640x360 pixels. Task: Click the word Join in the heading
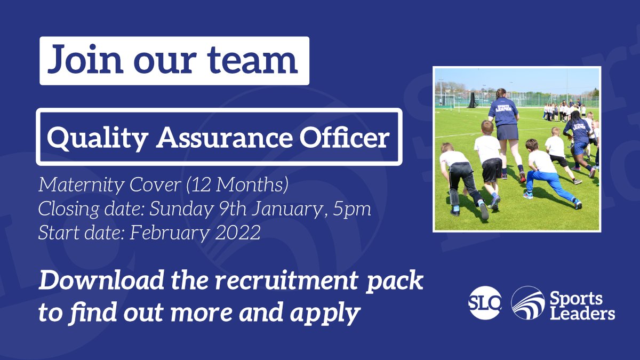coord(77,60)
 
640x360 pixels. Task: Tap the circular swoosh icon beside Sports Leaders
coord(527,303)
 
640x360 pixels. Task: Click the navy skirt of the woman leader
coord(507,131)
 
